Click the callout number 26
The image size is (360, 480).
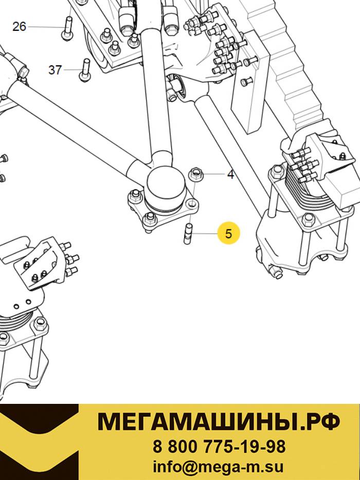click(19, 27)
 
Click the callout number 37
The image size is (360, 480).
click(55, 70)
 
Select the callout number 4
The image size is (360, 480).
click(230, 175)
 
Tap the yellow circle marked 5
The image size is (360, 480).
click(229, 234)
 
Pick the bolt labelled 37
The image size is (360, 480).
click(85, 70)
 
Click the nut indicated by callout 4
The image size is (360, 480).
click(194, 175)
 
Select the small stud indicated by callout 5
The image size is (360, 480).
click(188, 234)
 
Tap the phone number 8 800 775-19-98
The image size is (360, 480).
click(219, 447)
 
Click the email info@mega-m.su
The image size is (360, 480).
click(218, 467)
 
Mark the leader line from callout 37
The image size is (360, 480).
click(72, 70)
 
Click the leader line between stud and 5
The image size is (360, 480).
click(204, 234)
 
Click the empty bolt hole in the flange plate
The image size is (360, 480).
click(192, 203)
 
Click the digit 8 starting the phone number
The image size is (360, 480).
click(157, 447)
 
